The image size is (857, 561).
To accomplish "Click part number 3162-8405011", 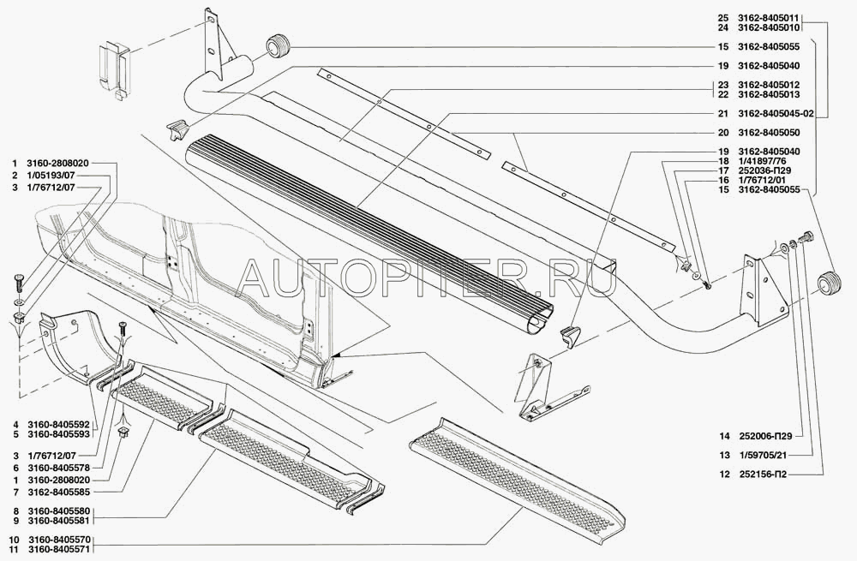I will tap(768, 17).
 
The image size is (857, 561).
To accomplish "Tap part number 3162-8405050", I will tap(768, 133).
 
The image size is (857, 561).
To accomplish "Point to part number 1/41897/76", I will tap(761, 161).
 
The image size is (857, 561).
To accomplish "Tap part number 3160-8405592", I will tap(63, 425).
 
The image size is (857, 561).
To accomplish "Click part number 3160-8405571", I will tap(63, 548).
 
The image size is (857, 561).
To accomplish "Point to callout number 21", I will tap(723, 114).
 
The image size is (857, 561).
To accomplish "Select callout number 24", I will tap(723, 27).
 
